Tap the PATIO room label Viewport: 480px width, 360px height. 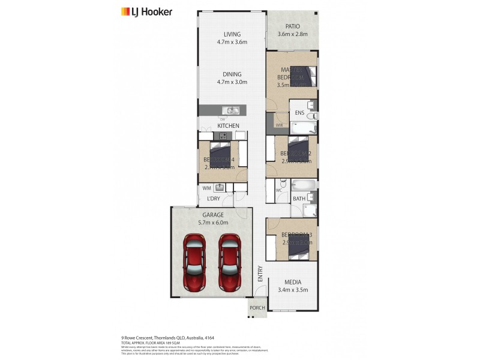pos(292,26)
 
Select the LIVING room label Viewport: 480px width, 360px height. pos(232,34)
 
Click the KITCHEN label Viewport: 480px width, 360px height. pos(229,125)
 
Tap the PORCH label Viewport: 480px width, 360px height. pos(257,308)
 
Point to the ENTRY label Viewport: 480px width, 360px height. pos(260,274)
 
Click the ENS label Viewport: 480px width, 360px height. pos(299,112)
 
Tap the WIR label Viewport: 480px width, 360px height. pos(279,124)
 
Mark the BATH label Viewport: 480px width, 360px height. pos(298,199)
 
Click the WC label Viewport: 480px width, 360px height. pos(279,191)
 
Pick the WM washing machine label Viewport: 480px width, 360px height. pos(206,188)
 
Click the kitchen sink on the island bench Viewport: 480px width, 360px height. pos(230,110)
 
